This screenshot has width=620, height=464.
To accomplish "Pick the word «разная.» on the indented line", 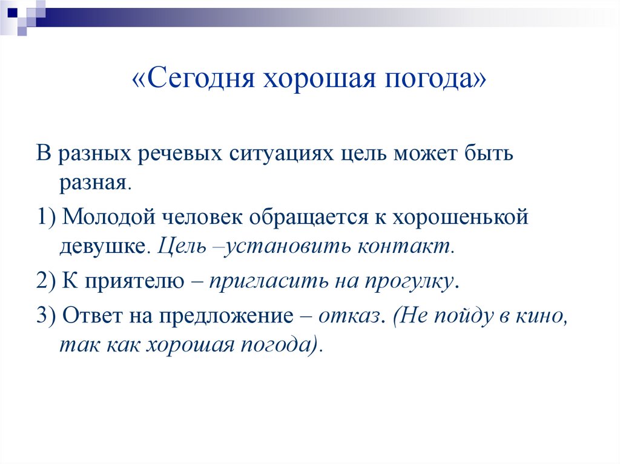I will [95, 182].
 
